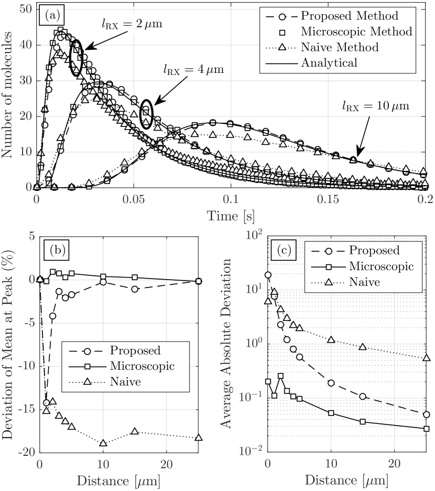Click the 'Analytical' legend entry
pos(329,62)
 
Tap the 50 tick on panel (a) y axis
pos(25,9)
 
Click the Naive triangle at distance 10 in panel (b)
pos(103,429)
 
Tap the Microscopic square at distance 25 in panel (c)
pos(426,429)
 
